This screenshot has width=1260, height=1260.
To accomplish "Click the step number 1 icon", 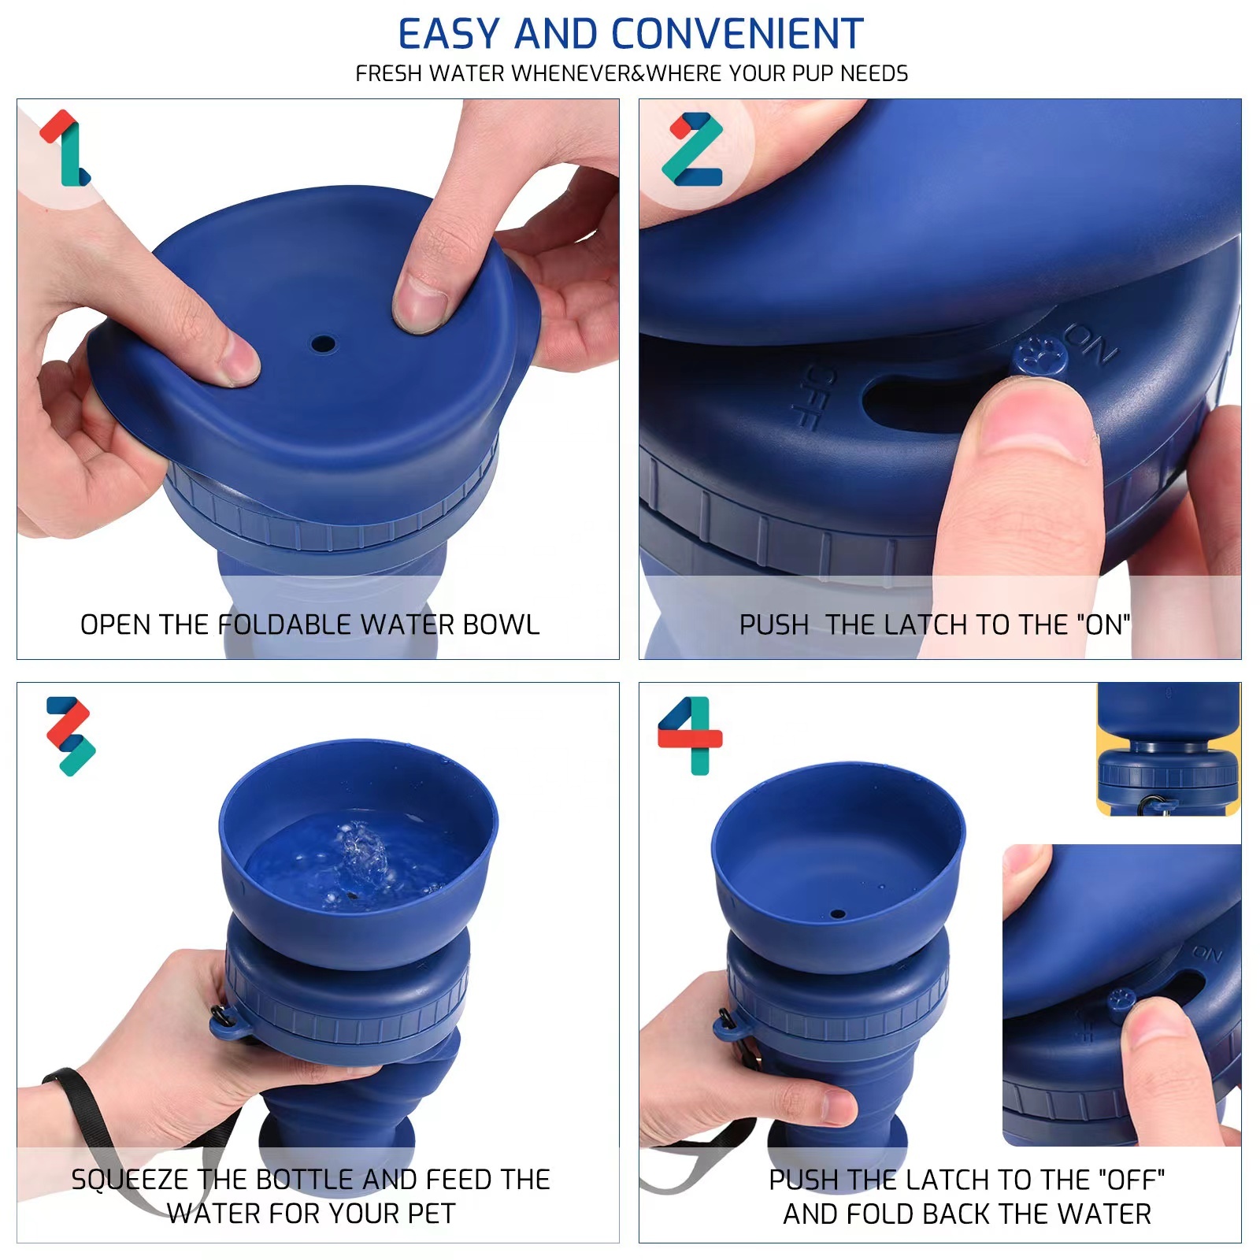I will coord(66,148).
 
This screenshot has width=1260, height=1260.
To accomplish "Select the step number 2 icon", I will coord(693,148).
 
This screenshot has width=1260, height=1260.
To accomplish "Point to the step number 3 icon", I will coord(71,736).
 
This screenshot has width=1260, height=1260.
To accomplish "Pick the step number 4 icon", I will coord(691,735).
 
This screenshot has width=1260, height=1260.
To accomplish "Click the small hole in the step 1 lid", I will coord(323,344).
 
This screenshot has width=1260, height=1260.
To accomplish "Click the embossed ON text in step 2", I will coord(1091,343).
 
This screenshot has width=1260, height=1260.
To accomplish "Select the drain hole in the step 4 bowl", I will coord(838,914).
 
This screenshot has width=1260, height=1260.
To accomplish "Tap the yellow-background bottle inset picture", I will coord(1168,749).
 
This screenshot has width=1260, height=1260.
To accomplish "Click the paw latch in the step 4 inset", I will coord(1121,1002).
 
